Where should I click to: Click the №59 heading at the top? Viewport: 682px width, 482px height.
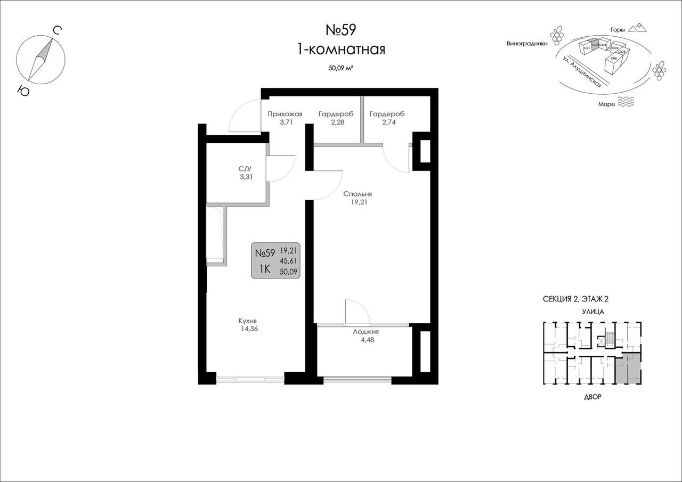click(x=340, y=30)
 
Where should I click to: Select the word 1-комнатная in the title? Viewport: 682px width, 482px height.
click(x=341, y=49)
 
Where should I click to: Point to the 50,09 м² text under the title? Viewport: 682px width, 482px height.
click(x=340, y=68)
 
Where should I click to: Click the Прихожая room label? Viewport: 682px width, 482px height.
click(x=285, y=114)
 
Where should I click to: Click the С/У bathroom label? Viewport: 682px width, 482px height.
click(x=246, y=169)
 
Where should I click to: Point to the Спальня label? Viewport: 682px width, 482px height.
click(x=358, y=194)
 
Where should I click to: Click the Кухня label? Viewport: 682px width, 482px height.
click(x=248, y=321)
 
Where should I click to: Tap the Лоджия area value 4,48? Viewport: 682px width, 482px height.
click(x=368, y=340)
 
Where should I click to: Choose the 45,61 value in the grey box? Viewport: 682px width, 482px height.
click(x=288, y=261)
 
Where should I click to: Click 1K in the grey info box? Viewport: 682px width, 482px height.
click(x=265, y=269)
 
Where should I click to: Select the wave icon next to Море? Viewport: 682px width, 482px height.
click(x=626, y=102)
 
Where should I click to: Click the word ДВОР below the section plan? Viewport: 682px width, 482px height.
click(x=592, y=397)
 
